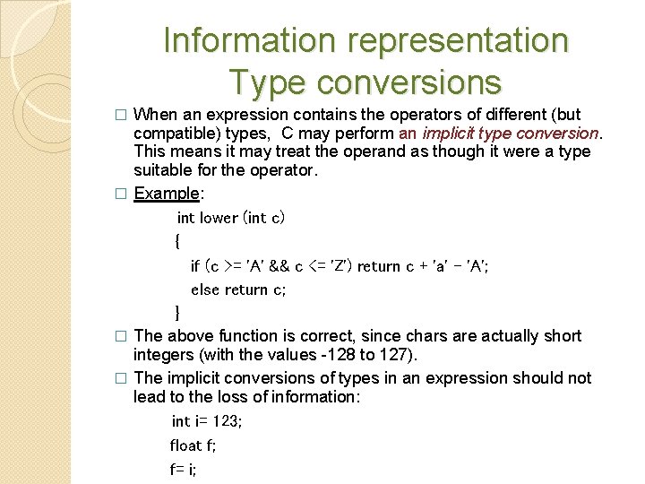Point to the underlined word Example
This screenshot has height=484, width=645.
click(166, 193)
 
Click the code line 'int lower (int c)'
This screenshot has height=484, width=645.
click(231, 218)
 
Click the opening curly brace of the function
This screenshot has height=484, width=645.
click(177, 241)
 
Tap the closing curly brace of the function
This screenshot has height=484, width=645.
click(177, 312)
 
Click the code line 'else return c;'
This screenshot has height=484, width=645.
click(238, 289)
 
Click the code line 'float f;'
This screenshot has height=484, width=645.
click(193, 445)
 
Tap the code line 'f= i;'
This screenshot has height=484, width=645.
click(183, 468)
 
